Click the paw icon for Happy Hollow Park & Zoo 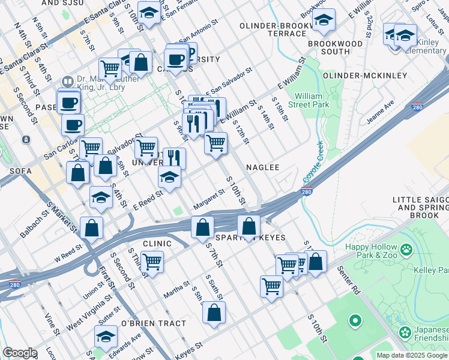406,248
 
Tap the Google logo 20,353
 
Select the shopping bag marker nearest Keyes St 214,313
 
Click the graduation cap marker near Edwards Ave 106,336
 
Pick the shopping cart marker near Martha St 152,261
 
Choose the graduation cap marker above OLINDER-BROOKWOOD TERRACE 324,21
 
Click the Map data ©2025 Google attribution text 412,355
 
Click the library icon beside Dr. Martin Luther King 67,81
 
